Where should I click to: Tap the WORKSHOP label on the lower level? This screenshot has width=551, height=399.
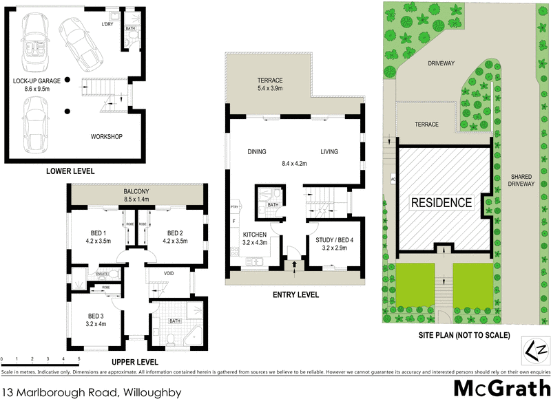coord(106,137)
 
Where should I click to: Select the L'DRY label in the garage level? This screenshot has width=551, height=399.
coord(107,25)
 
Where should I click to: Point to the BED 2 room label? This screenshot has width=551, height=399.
coord(172,232)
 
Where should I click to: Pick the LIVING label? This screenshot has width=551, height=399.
coord(331,152)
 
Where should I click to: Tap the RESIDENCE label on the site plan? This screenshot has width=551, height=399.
coord(441,203)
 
